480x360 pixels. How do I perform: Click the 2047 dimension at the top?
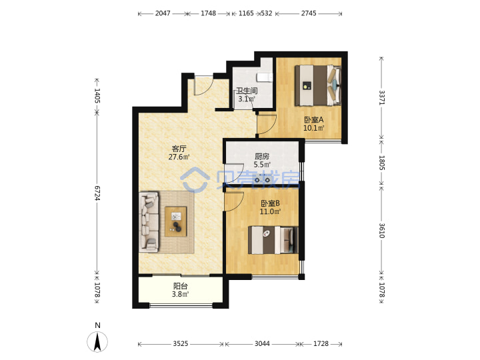163,13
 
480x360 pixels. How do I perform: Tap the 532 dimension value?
266,13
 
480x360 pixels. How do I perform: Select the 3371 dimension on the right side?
382,97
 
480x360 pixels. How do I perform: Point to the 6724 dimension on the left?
97,193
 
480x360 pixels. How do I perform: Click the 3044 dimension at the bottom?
262,344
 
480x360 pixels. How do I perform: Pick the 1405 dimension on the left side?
97,95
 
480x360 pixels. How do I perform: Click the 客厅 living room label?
179,149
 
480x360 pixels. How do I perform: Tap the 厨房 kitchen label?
262,157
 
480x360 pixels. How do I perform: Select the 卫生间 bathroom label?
247,91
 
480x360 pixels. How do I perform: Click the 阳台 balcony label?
180,286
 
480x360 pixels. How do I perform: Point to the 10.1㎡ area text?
314,127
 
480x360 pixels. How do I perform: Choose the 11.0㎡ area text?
270,211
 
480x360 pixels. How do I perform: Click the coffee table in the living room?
176,221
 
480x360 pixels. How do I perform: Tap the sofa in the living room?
149,222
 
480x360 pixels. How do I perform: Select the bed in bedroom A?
318,85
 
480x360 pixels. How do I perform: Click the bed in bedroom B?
273,240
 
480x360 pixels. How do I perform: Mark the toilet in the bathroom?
265,78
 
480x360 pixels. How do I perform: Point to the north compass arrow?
97,342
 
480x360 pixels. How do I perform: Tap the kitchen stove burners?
262,178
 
